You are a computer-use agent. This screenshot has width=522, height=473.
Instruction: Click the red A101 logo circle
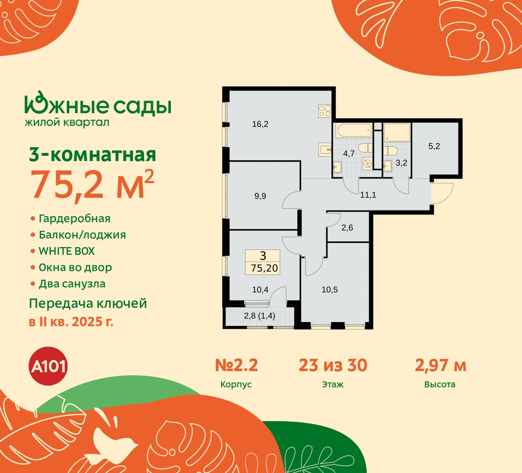49,366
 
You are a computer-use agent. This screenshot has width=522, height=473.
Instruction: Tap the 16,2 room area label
260,124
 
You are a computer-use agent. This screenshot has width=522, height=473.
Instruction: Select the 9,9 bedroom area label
260,196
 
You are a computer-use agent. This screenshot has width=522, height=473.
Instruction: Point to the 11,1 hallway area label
368,195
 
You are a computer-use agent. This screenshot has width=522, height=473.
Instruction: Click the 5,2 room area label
434,146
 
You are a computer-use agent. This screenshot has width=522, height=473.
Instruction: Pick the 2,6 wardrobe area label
347,228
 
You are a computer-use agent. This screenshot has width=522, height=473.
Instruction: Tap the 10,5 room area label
330,290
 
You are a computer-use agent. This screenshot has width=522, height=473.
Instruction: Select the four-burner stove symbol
325,111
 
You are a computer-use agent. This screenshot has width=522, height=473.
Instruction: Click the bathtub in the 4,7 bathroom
354,131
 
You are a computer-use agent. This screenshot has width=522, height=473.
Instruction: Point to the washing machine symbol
367,164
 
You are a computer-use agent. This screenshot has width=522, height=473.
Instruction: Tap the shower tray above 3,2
396,132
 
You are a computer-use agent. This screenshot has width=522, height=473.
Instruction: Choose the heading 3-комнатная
93,155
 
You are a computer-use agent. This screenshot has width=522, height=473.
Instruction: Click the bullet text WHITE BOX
66,251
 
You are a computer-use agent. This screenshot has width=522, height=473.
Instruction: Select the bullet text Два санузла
72,284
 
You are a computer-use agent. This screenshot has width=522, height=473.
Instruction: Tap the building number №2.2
236,365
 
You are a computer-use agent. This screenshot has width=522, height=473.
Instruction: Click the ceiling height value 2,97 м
440,365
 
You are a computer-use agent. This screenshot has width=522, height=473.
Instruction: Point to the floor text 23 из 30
333,365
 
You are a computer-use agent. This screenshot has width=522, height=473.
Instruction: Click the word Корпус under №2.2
236,385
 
